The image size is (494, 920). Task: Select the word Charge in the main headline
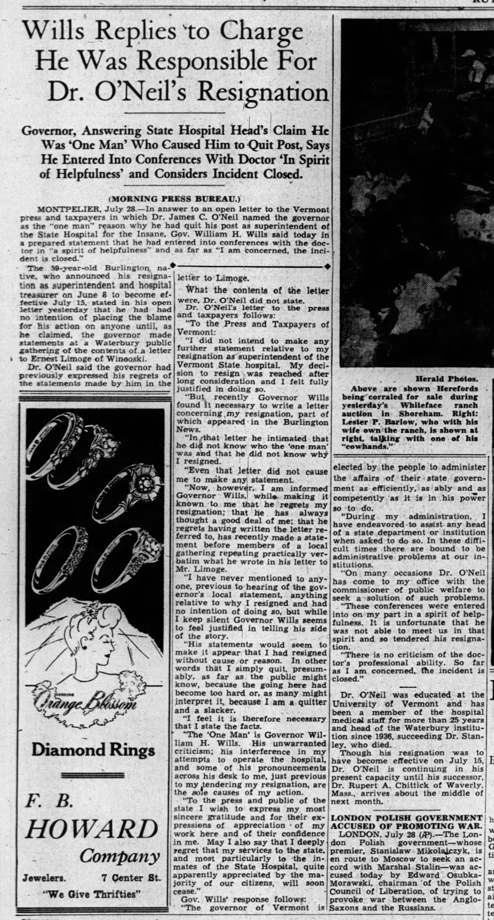point(261,33)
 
